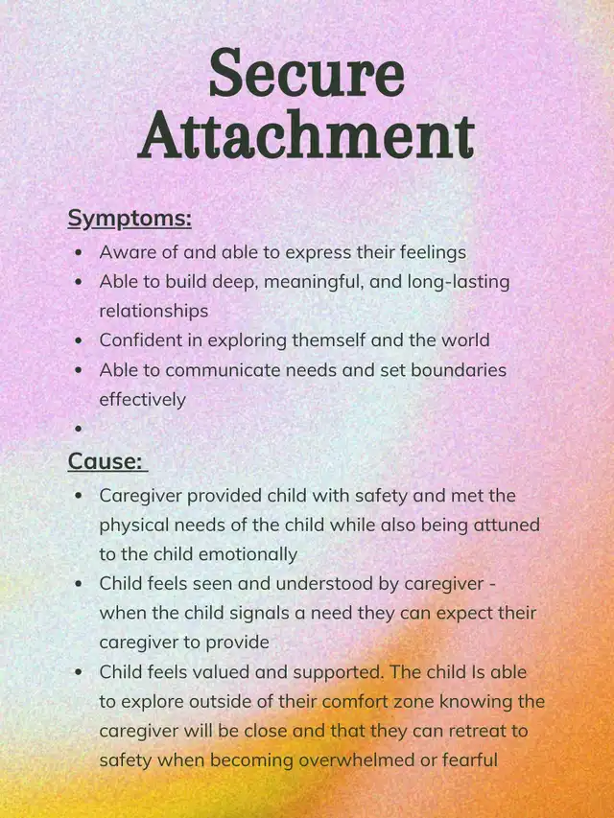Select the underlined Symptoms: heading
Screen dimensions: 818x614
(130, 219)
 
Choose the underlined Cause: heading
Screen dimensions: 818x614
(105, 461)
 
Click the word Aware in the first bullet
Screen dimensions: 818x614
(123, 252)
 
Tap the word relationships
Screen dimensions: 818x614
(153, 311)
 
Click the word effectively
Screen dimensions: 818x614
(143, 398)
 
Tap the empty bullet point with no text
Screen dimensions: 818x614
(78, 429)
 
